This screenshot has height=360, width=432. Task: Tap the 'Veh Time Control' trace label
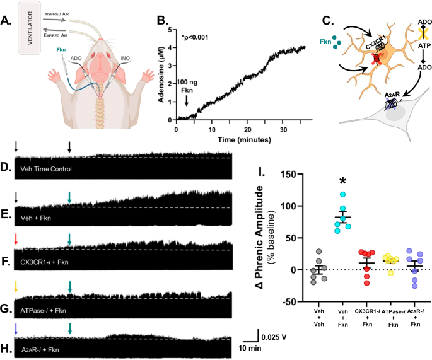46,168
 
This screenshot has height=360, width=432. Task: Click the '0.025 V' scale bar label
273,337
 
